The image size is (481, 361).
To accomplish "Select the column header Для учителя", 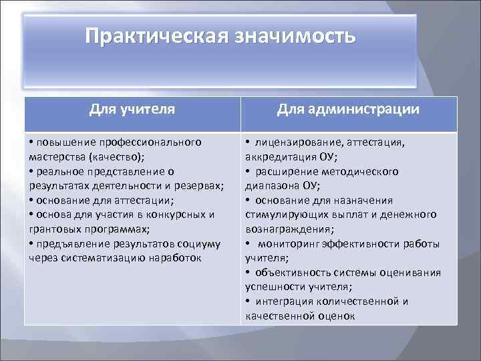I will tap(132, 109).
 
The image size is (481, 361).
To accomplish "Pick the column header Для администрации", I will tap(349, 109).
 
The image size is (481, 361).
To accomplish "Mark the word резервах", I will tap(198, 185).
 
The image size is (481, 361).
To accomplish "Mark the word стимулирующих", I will tap(283, 215).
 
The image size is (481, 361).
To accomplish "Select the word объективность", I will tap(289, 272).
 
